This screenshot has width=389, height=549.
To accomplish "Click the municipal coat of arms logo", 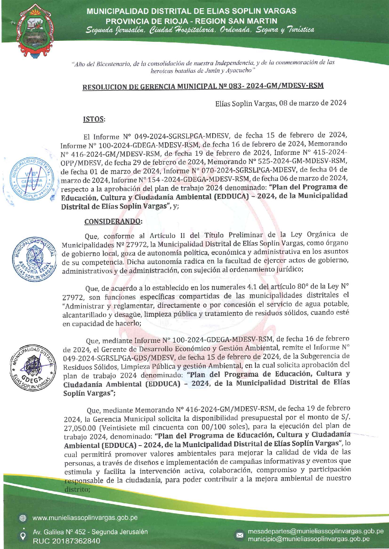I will click(34, 30).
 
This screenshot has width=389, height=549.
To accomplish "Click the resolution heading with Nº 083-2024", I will click(203, 86).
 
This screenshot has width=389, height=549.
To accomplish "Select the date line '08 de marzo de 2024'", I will click(280, 103).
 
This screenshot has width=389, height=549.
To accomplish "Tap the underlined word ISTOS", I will click(94, 119).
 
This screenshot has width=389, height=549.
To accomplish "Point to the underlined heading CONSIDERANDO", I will click(113, 221).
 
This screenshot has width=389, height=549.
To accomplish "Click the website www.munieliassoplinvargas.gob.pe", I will click(85, 518).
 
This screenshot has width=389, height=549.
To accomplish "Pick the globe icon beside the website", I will click(23, 518).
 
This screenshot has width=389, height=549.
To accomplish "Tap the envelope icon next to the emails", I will click(240, 535).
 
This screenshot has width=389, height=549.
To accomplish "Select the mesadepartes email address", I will click(315, 531).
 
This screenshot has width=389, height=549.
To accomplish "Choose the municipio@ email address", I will click(309, 539).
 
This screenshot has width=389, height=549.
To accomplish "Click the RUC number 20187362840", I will click(66, 541).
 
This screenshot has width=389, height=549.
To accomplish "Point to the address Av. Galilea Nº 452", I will click(90, 532).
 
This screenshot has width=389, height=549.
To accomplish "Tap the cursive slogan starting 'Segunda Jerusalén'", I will click(200, 30).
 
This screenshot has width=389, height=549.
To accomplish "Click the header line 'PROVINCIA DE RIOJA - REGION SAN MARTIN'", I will click(191, 21).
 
